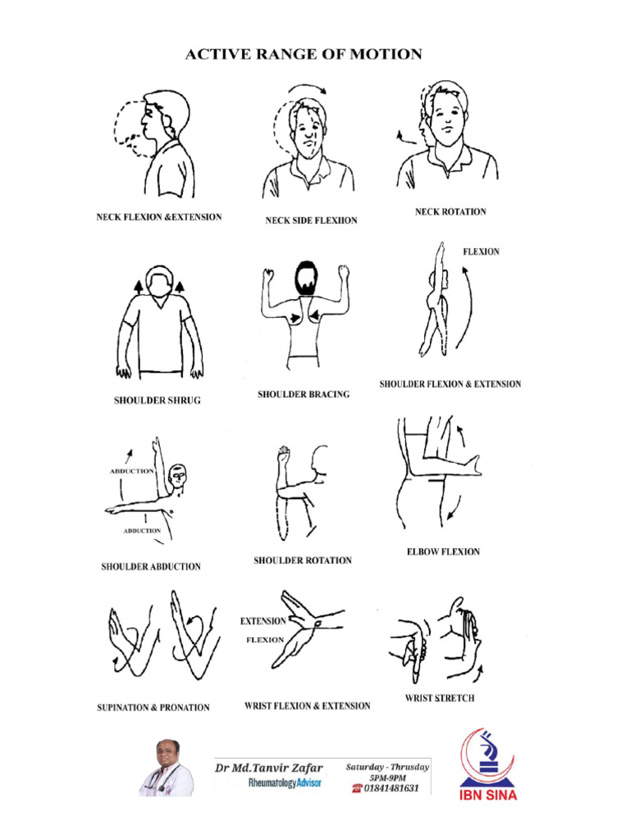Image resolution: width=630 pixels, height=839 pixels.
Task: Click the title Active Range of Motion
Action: [x=304, y=55]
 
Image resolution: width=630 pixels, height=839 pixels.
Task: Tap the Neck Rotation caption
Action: [x=450, y=212]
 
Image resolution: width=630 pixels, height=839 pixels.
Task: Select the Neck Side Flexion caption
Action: [x=311, y=220]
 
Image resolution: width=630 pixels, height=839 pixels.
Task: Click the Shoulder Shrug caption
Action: [x=157, y=401]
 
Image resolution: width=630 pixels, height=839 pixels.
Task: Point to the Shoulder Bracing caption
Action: [x=304, y=394]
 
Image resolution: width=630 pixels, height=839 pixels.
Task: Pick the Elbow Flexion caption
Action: [x=444, y=552]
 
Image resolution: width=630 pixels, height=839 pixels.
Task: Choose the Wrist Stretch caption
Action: [x=440, y=699]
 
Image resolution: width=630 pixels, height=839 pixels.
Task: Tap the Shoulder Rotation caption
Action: [x=303, y=560]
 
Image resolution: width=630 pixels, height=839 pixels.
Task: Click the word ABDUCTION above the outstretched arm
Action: [x=130, y=472]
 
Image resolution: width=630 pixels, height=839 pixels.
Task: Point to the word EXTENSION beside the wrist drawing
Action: [x=263, y=621]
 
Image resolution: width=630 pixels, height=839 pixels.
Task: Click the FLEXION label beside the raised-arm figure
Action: [x=481, y=252]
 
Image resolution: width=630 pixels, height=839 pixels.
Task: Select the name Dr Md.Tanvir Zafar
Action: [x=269, y=768]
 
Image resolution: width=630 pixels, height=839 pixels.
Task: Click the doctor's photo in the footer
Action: [x=167, y=768]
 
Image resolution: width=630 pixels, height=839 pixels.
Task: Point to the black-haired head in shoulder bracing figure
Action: [x=306, y=276]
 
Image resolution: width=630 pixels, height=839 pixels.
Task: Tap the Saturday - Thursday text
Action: [x=387, y=767]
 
